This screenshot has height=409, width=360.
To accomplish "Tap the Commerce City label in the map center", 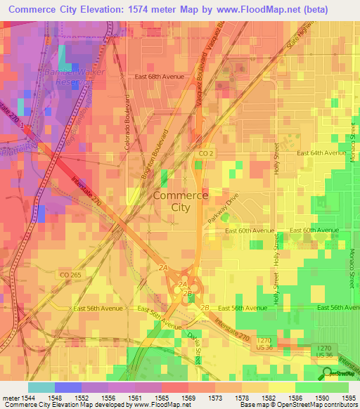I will click(x=180, y=202).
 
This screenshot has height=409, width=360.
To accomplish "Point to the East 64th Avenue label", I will click(x=319, y=153).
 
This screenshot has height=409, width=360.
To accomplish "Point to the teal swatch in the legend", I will click(x=41, y=387).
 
